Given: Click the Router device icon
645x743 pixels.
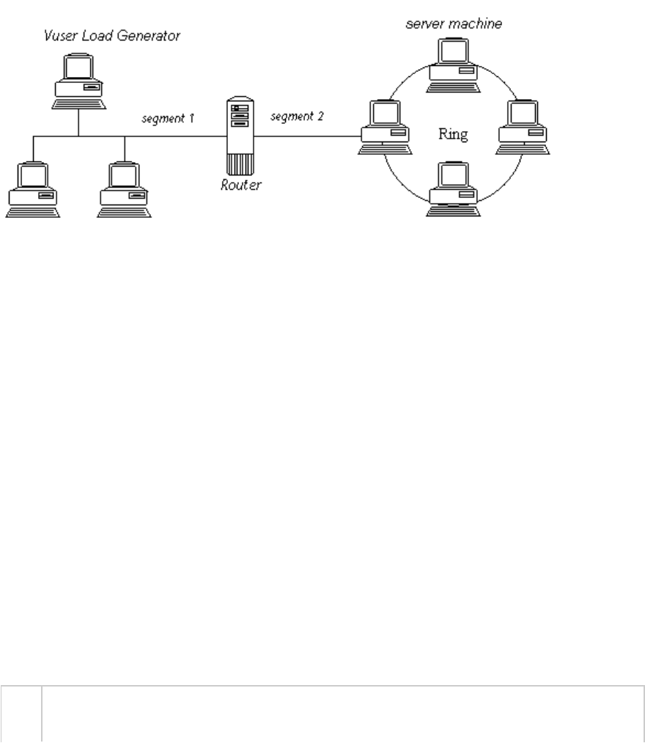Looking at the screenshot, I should [x=240, y=136].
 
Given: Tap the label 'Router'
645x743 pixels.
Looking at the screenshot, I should [x=241, y=184].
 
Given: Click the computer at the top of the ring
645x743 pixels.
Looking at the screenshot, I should [x=454, y=65].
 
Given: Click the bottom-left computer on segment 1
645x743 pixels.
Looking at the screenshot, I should [x=32, y=190].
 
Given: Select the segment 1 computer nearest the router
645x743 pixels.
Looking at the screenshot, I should [x=124, y=190].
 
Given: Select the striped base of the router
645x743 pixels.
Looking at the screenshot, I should [x=240, y=162].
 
